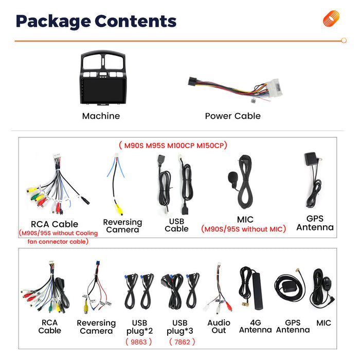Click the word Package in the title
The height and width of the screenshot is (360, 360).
pos(53,22)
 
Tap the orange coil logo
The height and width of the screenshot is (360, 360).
pos(331,19)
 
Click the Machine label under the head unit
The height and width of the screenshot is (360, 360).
pos(101,116)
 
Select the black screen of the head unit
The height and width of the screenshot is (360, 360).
pos(103,91)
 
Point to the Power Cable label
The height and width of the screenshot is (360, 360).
pos(233,116)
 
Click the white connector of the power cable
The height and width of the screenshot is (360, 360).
pos(274,88)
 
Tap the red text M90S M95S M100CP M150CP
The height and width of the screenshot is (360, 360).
pos(173,146)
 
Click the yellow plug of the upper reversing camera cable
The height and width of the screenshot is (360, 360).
pos(119,209)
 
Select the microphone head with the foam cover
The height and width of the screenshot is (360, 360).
pos(232,177)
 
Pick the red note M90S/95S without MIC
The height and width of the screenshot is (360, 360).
pos(244,229)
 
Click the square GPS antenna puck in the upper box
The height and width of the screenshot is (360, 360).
pos(311,158)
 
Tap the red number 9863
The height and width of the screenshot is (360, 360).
pos(139,342)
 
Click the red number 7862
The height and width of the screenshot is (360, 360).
pos(182,342)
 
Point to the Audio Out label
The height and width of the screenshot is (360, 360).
pos(219,327)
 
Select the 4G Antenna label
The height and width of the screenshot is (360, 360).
pos(256,326)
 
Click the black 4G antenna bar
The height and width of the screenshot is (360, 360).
pos(257,291)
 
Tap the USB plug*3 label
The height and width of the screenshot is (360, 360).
pos(180,327)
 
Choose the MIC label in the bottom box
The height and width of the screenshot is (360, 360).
pos(323,323)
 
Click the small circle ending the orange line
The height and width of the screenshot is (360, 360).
pos(344,41)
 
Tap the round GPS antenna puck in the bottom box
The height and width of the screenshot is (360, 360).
pos(290,286)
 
